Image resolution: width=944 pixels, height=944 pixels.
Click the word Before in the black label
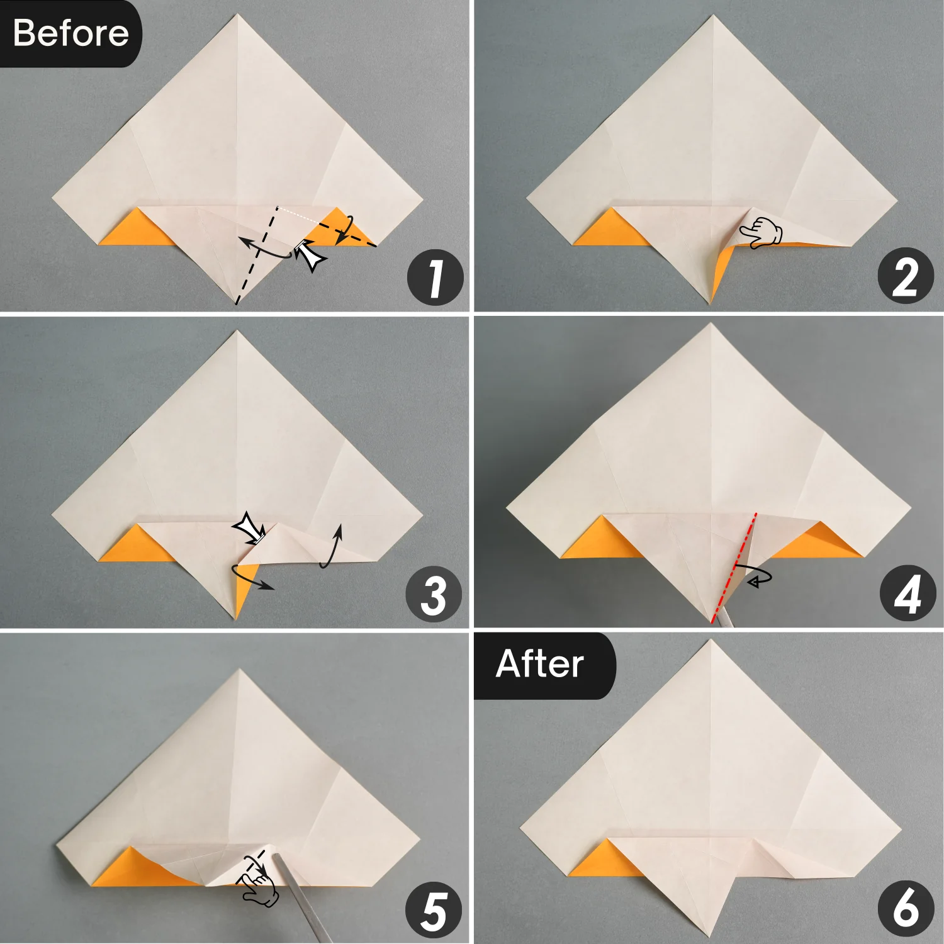[x=70, y=33]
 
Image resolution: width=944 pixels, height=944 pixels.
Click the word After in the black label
[x=539, y=664]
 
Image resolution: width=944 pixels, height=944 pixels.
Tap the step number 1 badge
[x=435, y=278]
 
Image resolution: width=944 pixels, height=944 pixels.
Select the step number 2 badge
[x=906, y=276]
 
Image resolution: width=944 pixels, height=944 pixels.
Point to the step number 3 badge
[x=434, y=595]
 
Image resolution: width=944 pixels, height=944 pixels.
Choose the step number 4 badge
[x=907, y=593]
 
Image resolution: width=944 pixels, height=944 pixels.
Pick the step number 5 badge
[x=434, y=911]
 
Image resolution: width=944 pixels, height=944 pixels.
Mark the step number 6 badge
[x=906, y=908]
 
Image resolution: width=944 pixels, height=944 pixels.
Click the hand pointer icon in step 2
[x=761, y=232]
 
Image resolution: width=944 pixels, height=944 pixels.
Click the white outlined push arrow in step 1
[x=310, y=255]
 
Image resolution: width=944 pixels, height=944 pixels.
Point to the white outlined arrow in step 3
[x=250, y=529]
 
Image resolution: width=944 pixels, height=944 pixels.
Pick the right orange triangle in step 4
[x=818, y=542]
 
